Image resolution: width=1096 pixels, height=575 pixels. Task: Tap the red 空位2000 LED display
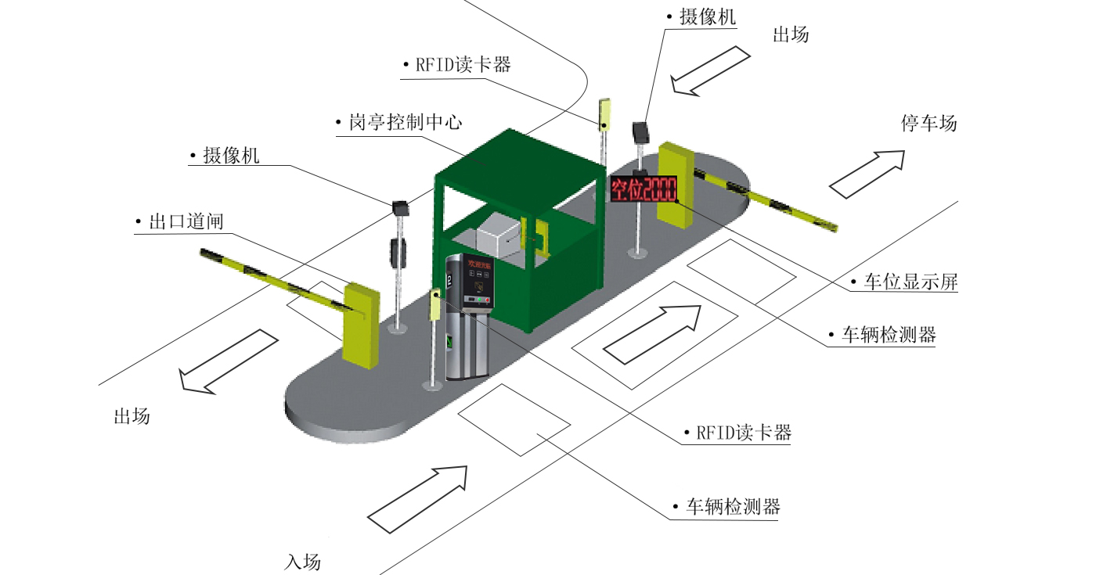(644, 189)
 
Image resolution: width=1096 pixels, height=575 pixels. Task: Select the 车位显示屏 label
(910, 282)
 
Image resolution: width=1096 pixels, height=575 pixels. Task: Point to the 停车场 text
(929, 124)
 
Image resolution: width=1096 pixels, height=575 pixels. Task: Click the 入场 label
(302, 562)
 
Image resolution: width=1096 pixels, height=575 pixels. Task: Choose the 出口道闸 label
(186, 221)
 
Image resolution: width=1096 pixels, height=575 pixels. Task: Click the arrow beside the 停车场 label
(867, 174)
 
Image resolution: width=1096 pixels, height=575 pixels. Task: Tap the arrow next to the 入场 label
(419, 499)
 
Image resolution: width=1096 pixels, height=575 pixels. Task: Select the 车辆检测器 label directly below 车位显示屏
(889, 336)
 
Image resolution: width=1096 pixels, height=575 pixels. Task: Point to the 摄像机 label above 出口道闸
(231, 156)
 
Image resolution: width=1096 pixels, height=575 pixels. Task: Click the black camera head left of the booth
(402, 207)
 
